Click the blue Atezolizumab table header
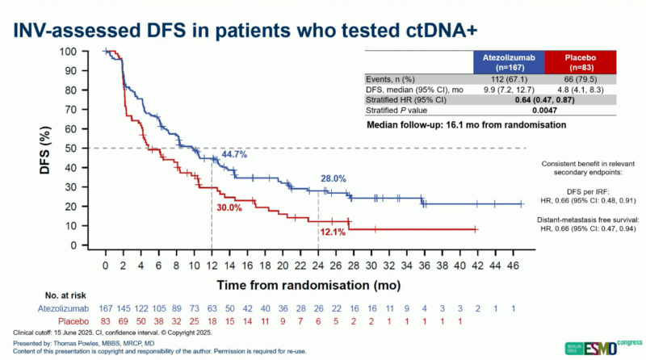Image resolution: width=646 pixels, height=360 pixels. click(x=508, y=63)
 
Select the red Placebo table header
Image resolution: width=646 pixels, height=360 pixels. click(x=579, y=63)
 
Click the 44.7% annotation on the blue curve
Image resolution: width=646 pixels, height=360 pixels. click(x=234, y=153)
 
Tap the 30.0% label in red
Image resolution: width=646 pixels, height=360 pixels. click(x=229, y=207)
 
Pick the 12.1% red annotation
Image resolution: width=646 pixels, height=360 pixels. click(x=331, y=232)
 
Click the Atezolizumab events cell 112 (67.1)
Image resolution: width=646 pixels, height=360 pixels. click(x=508, y=80)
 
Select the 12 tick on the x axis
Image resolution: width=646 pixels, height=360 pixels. click(x=212, y=264)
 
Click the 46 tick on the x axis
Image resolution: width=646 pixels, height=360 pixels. click(x=513, y=264)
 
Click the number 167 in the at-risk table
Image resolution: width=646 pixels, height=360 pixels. click(x=105, y=309)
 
